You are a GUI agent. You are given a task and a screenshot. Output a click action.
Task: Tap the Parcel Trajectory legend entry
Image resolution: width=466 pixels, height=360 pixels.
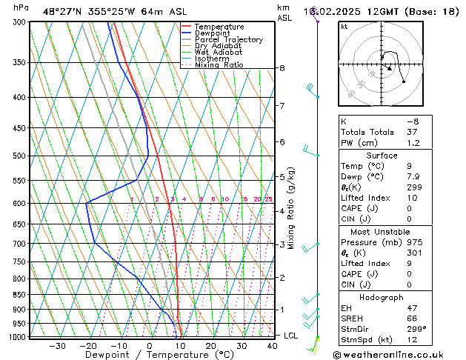click(228, 39)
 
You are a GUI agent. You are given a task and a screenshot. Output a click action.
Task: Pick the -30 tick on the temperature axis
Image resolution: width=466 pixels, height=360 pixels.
click(57, 345)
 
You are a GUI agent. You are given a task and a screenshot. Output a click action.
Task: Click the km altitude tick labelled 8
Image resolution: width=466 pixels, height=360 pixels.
click(282, 68)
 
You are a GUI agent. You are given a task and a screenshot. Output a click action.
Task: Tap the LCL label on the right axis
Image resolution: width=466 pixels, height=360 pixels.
click(291, 336)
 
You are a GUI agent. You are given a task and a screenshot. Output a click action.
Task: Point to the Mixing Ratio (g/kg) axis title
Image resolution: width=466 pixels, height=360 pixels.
click(291, 208)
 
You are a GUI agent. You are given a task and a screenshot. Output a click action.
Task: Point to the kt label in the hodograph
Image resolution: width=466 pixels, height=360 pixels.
click(344, 27)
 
